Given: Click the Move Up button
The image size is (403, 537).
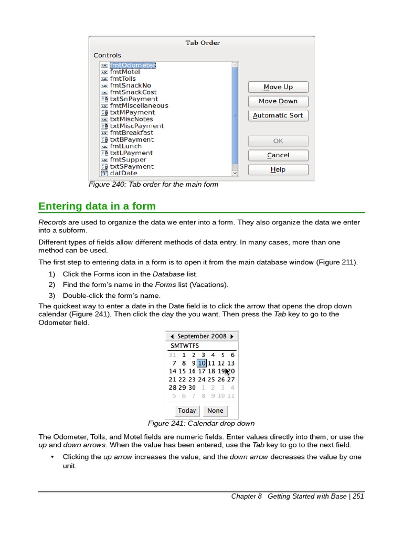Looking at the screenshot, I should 278,87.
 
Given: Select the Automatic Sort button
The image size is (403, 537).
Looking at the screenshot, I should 278,115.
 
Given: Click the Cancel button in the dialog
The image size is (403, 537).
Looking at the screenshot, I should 278,155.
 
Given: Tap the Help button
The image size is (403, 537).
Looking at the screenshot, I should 278,169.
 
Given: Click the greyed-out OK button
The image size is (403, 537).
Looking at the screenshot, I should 278,141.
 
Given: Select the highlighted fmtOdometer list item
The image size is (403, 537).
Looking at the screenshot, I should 132,65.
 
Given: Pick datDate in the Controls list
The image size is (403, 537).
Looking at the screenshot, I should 123,173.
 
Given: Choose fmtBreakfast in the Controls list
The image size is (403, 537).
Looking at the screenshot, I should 131,133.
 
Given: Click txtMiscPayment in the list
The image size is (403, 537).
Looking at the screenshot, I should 136,126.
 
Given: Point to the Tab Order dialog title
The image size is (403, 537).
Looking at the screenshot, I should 203,43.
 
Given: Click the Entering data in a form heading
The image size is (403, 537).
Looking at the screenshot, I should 97,206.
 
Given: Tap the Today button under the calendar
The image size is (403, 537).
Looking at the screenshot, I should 187,411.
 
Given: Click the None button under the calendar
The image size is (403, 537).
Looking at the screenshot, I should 215,411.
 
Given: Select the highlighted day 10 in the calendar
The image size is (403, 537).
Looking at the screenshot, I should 201,363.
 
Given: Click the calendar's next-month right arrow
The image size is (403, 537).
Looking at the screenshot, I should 232,336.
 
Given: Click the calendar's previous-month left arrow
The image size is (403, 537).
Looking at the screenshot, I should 172,336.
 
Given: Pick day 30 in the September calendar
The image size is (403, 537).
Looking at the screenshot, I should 192,388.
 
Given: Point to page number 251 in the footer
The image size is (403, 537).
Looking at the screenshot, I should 358,496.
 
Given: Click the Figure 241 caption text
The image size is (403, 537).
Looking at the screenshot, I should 201,423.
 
